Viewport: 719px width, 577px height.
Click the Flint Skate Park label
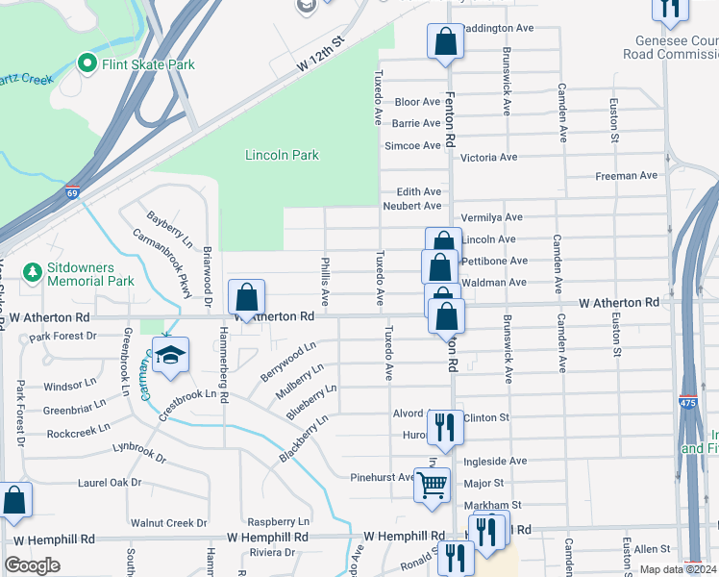click(x=149, y=64)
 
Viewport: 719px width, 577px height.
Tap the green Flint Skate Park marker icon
click(x=87, y=64)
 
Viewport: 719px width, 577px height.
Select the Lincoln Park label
click(x=282, y=155)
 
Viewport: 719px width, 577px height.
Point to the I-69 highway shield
click(x=72, y=193)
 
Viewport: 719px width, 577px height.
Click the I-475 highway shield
click(x=687, y=403)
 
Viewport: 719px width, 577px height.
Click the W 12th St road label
click(x=320, y=56)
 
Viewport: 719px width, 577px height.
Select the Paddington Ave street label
click(x=498, y=29)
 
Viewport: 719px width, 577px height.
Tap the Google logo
click(x=32, y=565)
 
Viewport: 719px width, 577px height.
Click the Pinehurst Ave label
click(x=382, y=477)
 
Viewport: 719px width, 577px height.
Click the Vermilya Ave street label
click(x=491, y=218)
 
